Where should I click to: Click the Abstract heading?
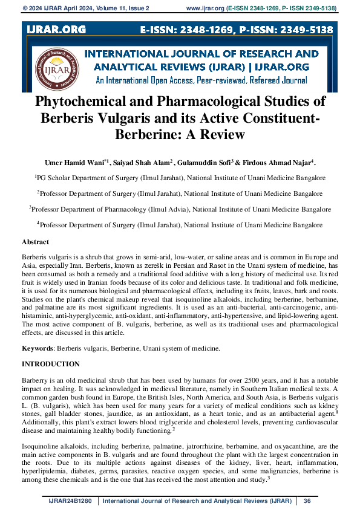point(35,241)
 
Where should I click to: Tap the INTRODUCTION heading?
point(50,364)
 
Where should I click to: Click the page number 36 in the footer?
point(307,501)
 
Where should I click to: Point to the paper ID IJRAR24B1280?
point(72,501)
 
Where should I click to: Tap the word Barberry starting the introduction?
point(36,380)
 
